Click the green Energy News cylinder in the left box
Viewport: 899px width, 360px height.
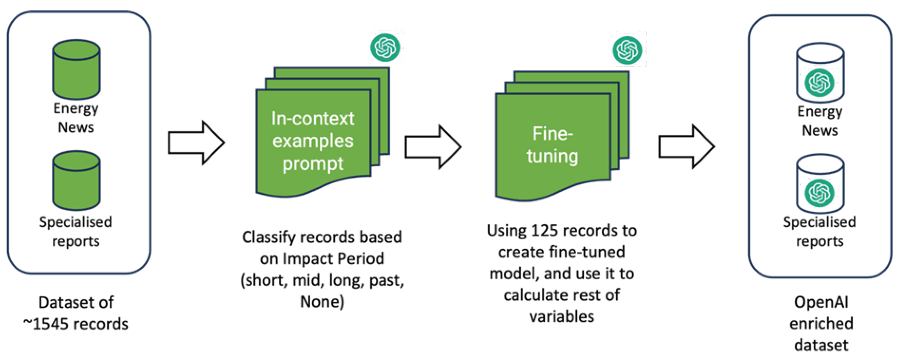coord(76,70)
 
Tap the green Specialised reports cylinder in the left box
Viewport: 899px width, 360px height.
coord(76,181)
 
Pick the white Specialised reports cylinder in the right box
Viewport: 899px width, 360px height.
coord(820,184)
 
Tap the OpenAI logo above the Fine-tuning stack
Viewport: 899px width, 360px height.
coord(627,50)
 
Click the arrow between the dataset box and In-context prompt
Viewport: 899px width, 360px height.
coord(196,143)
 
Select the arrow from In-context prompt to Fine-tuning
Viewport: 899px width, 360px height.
coord(433,147)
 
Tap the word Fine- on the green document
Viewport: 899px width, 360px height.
coord(552,134)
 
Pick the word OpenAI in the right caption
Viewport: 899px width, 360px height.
coord(821,302)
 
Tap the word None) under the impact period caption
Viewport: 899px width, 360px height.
coord(322,302)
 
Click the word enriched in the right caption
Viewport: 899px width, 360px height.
coord(821,324)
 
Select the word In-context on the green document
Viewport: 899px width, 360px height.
coord(313,119)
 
